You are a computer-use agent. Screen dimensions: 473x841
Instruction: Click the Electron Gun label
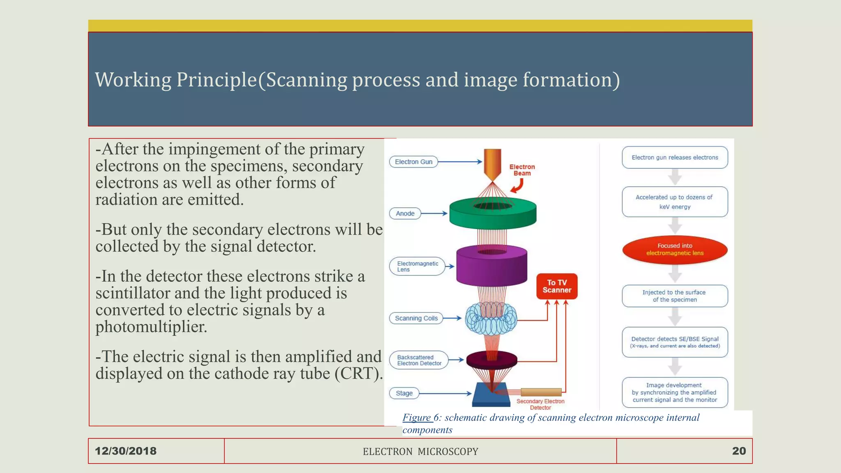click(413, 162)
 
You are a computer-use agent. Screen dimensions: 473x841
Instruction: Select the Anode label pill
click(405, 214)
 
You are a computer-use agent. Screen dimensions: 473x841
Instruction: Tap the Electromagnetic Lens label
click(417, 266)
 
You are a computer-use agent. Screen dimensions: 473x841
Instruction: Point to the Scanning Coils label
click(416, 318)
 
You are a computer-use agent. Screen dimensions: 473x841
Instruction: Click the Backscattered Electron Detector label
click(418, 360)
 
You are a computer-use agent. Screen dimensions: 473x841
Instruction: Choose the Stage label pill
click(404, 393)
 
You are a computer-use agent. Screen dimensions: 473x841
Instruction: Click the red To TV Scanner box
click(556, 286)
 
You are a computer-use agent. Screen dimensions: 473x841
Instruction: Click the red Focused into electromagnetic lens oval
click(675, 249)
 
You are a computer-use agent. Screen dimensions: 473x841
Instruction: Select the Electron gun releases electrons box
click(675, 157)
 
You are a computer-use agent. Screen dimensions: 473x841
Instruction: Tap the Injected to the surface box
click(675, 296)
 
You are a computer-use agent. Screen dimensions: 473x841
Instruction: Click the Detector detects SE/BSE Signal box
click(675, 342)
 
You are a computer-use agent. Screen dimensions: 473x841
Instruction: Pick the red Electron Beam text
click(522, 170)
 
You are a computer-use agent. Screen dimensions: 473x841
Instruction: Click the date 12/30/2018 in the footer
click(126, 451)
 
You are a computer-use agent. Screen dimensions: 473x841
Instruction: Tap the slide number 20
click(739, 451)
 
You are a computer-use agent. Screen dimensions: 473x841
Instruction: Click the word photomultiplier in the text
click(151, 327)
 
